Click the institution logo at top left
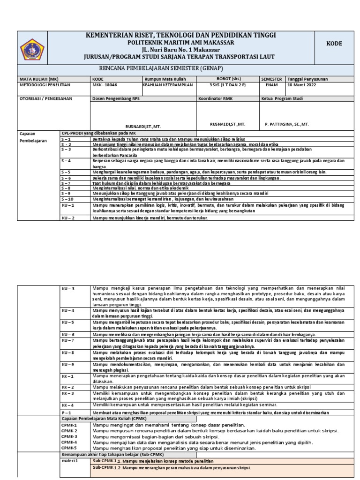[x=32, y=49]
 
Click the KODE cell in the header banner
[x=334, y=44]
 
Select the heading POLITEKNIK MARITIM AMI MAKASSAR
[x=180, y=43]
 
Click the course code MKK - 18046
[x=105, y=85]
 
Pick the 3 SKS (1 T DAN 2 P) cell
[x=227, y=85]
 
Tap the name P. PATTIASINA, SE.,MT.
[x=287, y=124]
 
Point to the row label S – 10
[x=69, y=198]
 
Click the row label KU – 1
[x=68, y=205]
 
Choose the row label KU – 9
[x=68, y=364]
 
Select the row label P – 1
[x=67, y=412]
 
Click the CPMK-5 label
[x=69, y=448]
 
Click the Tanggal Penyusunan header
[x=307, y=79]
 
